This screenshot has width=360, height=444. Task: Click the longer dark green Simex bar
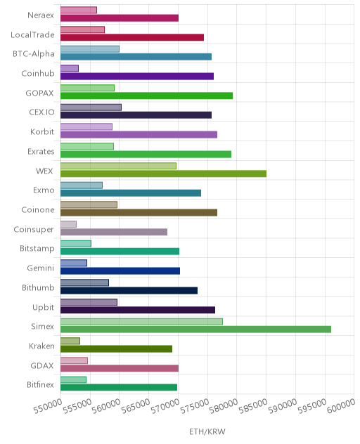pyautogui.click(x=195, y=329)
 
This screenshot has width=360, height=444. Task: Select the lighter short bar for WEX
pyautogui.click(x=119, y=166)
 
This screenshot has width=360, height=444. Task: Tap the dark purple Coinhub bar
pyautogui.click(x=137, y=77)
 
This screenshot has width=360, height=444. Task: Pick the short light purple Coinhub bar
pyautogui.click(x=70, y=69)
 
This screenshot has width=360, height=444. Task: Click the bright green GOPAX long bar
pyautogui.click(x=146, y=96)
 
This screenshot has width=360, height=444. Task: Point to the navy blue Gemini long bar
pyautogui.click(x=120, y=271)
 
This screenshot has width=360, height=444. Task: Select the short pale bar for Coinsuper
pyautogui.click(x=69, y=224)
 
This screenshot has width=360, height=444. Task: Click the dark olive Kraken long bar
pyautogui.click(x=117, y=349)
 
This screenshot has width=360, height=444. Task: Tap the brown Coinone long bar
pyautogui.click(x=139, y=213)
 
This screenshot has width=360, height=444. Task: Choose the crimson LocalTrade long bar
pyautogui.click(x=132, y=37)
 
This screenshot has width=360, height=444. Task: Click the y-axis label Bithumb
pyautogui.click(x=38, y=288)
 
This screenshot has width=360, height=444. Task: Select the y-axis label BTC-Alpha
pyautogui.click(x=34, y=54)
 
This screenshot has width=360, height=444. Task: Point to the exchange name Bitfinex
pyautogui.click(x=40, y=384)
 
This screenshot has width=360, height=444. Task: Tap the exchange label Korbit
pyautogui.click(x=42, y=131)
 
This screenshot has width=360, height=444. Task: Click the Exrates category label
pyautogui.click(x=41, y=151)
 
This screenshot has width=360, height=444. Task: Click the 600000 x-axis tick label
pyautogui.click(x=341, y=406)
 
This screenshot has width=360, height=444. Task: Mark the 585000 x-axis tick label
pyautogui.click(x=253, y=406)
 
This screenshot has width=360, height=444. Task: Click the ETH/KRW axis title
pyautogui.click(x=207, y=431)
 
